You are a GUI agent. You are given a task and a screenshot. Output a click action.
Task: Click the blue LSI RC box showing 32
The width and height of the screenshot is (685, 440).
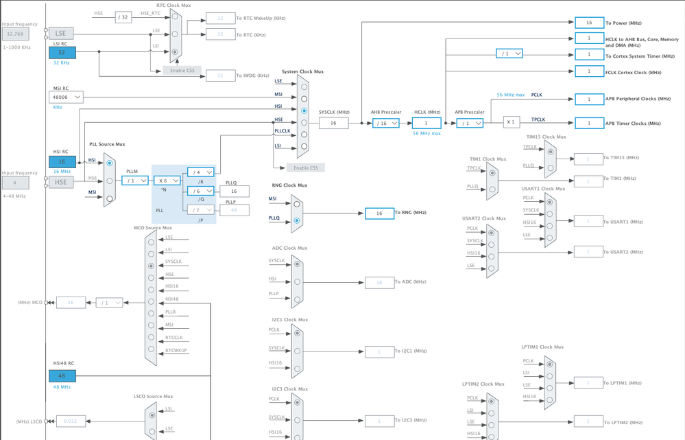[x=62, y=53]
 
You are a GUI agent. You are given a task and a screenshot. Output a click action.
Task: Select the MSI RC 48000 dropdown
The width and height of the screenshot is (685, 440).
[x=67, y=97]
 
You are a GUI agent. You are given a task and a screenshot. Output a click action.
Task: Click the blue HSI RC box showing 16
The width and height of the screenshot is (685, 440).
[x=62, y=161]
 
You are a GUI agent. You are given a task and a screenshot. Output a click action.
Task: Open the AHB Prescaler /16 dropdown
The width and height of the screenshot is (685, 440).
[x=386, y=124]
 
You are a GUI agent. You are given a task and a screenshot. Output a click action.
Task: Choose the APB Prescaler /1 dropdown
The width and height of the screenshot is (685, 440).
[x=470, y=124]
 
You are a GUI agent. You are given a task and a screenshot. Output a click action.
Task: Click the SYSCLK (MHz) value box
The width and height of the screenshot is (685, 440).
[x=333, y=124]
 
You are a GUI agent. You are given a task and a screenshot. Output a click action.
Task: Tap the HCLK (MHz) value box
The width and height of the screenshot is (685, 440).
[x=426, y=124]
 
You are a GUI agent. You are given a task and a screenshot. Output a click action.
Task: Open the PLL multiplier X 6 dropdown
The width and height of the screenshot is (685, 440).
[x=167, y=181]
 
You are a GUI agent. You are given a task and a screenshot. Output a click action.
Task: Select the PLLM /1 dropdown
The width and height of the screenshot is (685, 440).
[x=135, y=181]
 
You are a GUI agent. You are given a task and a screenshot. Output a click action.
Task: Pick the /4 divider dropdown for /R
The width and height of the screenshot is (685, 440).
[x=201, y=172]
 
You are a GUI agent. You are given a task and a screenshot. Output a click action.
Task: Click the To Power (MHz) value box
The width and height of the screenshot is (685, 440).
[x=589, y=23]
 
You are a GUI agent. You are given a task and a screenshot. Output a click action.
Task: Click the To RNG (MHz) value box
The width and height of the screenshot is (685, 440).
[x=379, y=213]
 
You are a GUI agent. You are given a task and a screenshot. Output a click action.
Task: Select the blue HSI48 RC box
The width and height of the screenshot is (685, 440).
[x=62, y=376]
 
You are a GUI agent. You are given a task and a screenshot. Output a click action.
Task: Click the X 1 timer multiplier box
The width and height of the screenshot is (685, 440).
[x=511, y=122]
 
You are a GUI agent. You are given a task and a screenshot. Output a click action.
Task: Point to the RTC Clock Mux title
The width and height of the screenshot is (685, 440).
[x=173, y=5]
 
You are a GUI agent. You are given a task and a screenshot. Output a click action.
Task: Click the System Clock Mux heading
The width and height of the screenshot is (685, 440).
[x=302, y=71]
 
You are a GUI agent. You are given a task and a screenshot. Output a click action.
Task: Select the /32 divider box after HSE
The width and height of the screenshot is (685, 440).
[x=123, y=18]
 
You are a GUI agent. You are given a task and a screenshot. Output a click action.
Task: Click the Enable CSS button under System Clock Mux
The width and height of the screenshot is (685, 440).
[x=306, y=167]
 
